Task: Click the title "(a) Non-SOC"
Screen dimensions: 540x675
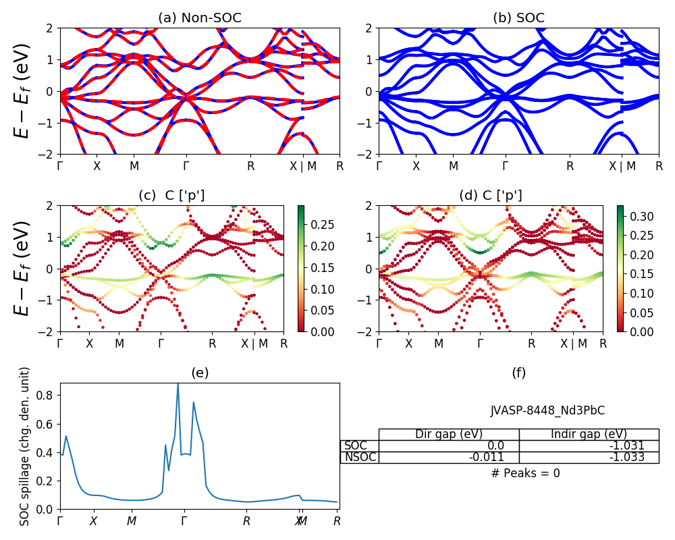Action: (199, 18)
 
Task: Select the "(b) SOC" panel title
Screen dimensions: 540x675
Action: (518, 18)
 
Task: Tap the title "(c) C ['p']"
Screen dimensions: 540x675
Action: (171, 196)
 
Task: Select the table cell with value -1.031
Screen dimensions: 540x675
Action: (589, 446)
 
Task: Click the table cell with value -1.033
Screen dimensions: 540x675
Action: (589, 457)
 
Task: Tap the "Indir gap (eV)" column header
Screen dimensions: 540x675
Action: (589, 434)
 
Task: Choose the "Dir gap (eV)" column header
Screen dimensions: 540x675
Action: (448, 434)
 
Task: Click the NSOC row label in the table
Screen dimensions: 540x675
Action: (359, 457)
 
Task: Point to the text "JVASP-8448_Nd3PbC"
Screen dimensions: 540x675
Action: (547, 410)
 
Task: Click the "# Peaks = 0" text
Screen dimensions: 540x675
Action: (526, 473)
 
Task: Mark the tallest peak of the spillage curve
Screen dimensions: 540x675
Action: (178, 385)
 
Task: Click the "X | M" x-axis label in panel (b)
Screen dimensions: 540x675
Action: (622, 166)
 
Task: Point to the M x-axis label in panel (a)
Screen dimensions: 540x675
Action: (134, 166)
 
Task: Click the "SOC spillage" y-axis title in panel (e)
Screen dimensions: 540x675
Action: (25, 446)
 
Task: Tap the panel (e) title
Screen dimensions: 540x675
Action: (199, 373)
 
